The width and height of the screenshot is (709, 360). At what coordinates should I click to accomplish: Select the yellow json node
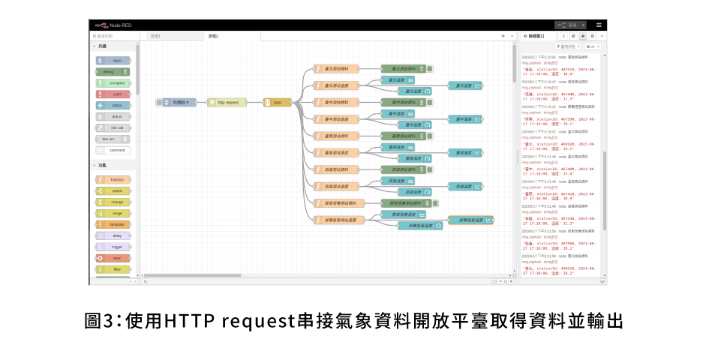[278, 102]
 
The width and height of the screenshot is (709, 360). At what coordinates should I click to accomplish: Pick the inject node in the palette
[113, 60]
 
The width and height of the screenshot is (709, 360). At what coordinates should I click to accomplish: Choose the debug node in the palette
[113, 72]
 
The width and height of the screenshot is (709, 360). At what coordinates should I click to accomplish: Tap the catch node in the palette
[113, 94]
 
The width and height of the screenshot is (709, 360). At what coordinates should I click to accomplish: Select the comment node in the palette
[113, 150]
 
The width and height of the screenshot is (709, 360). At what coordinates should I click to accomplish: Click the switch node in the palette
[113, 191]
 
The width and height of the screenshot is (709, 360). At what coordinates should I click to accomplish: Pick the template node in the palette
[113, 224]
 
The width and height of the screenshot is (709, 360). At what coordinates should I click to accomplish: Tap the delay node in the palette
[113, 235]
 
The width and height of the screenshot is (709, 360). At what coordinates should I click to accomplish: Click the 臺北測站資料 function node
[337, 69]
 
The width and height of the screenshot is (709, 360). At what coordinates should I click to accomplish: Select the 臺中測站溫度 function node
[337, 119]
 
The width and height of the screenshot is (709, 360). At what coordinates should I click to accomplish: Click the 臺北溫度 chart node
[464, 85]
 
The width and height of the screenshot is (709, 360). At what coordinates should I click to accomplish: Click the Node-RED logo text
[121, 25]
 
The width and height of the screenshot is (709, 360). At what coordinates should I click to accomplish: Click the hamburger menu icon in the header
[599, 25]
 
